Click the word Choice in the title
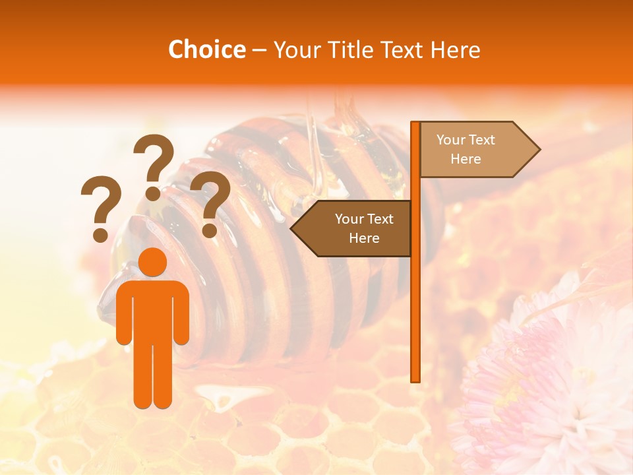[206, 49]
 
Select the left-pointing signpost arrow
[353, 228]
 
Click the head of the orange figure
[153, 262]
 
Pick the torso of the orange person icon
[153, 310]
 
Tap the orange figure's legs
[153, 376]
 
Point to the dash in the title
[259, 50]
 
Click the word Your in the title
[297, 49]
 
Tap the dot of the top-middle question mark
[153, 193]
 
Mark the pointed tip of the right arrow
[539, 150]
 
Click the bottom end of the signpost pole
[415, 379]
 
